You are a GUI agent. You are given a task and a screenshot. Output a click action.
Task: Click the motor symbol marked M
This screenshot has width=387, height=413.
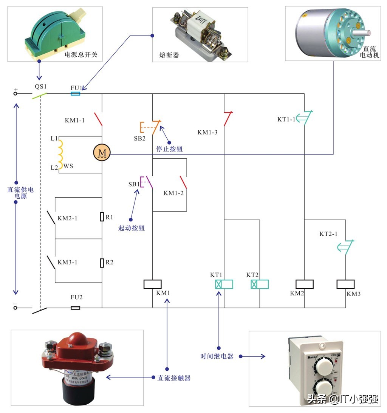tap(102, 152)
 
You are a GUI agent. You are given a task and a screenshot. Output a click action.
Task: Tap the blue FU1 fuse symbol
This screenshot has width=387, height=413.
tap(76, 93)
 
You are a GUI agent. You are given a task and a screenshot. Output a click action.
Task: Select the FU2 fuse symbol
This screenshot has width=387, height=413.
tap(76, 308)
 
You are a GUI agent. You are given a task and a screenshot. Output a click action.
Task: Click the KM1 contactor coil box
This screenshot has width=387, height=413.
tap(153, 284)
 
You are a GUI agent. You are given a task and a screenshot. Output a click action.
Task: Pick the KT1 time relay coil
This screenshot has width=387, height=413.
tap(224, 284)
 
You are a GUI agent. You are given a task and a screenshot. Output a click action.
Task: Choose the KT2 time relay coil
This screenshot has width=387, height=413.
tap(260, 284)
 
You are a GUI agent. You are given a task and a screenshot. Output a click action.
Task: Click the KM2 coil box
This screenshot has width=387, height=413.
tap(305, 284)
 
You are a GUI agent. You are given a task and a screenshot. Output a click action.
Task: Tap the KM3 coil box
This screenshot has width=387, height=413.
tap(345, 284)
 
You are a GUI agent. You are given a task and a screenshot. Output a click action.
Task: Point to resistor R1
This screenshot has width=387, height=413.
tap(102, 217)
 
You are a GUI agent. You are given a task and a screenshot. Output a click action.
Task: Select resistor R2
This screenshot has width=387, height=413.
tap(102, 263)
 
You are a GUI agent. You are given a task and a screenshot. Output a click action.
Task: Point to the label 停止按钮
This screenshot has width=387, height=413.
tap(169, 149)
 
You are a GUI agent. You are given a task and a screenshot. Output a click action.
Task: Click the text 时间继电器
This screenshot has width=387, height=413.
tap(217, 356)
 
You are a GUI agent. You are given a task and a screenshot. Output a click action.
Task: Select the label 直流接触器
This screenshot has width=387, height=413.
tap(173, 377)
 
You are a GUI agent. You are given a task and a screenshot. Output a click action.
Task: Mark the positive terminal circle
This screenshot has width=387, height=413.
tap(15, 93)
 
